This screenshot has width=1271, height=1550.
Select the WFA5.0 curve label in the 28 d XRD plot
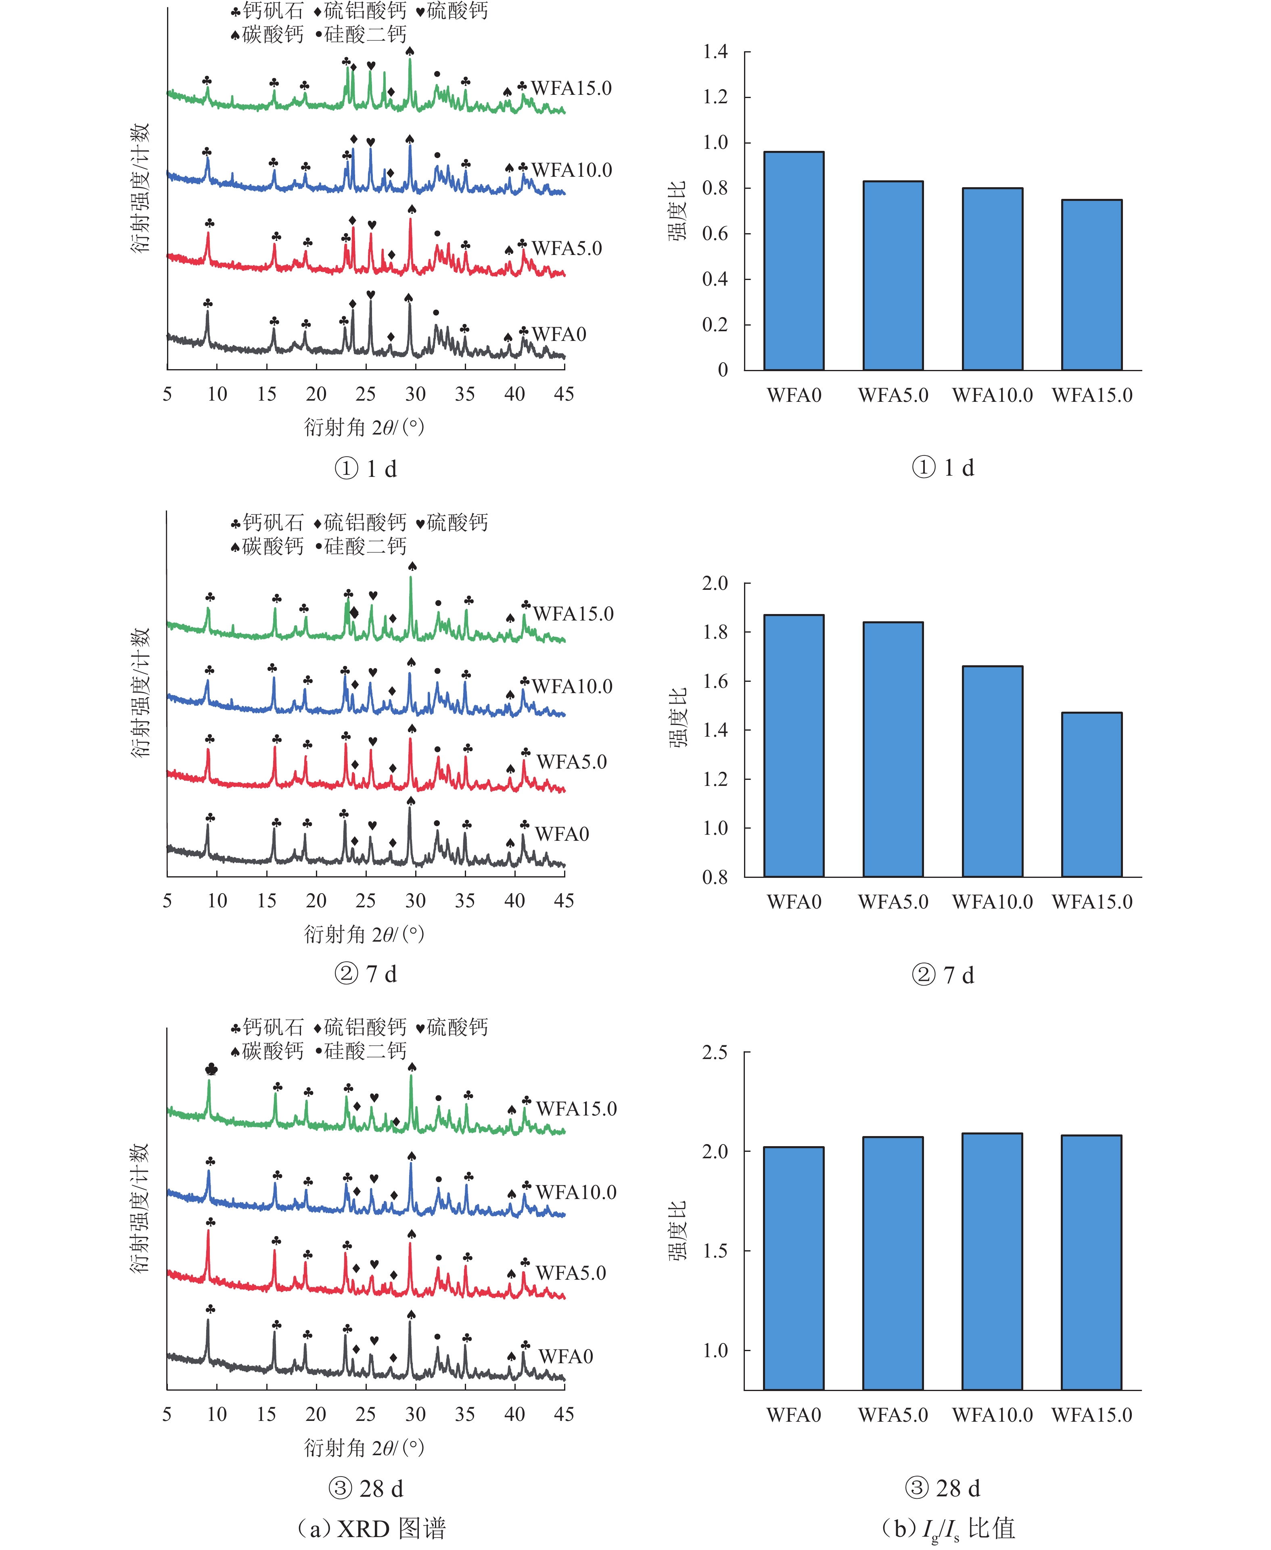pyautogui.click(x=571, y=1272)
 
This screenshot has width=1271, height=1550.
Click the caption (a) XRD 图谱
pyautogui.click(x=372, y=1528)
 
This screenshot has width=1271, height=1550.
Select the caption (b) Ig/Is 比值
pyautogui.click(x=948, y=1528)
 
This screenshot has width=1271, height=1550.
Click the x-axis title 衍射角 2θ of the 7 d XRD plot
pyautogui.click(x=364, y=934)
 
